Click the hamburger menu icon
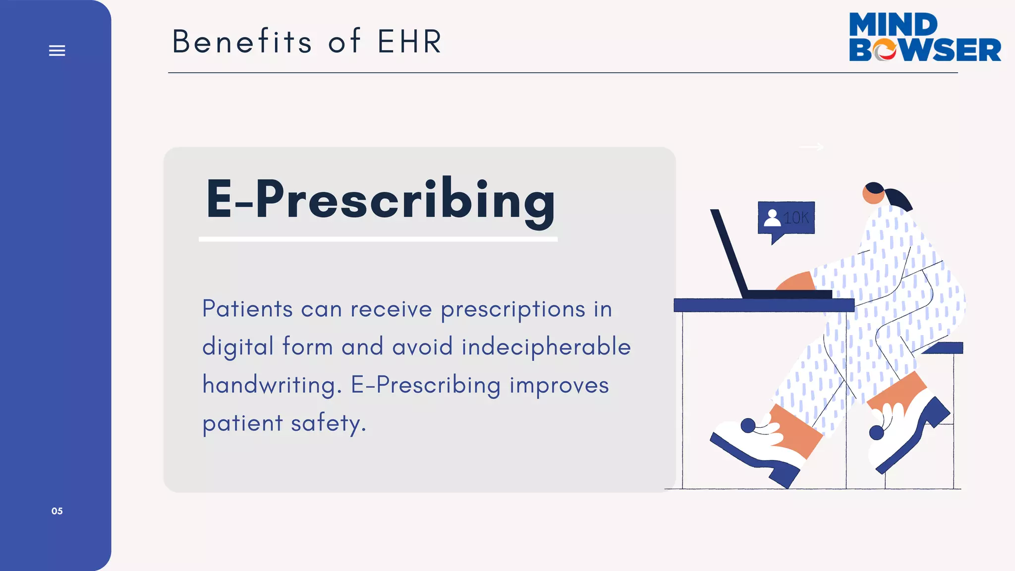57,51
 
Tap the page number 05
57,511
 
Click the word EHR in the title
409,42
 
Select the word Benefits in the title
242,42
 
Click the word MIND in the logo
893,25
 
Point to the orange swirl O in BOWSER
885,50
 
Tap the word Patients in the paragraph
247,309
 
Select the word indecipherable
546,346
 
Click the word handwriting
272,385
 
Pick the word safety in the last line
328,424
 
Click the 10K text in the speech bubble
796,218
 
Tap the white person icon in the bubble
772,218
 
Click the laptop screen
729,253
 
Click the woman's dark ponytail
899,198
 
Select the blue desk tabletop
763,305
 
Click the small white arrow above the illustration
811,147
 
